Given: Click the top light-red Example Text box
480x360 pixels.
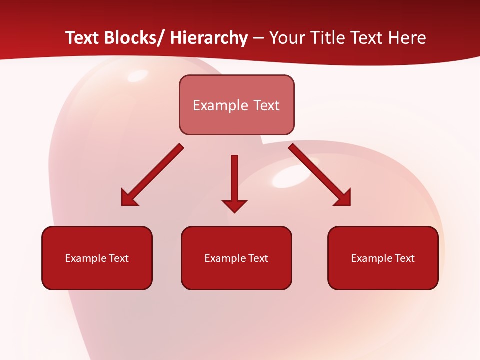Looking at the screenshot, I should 236,105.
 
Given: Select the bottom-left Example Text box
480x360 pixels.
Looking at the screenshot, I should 97,258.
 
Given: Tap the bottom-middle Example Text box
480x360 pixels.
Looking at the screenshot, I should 236,258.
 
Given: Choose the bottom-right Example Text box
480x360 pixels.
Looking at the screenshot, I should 383,258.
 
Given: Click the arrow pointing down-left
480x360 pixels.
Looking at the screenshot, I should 152,175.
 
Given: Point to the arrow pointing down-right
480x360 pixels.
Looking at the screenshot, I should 320,175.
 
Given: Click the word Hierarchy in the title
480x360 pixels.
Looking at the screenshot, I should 209,38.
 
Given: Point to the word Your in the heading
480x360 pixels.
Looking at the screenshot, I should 287,38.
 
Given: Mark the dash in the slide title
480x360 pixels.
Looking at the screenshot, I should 258,38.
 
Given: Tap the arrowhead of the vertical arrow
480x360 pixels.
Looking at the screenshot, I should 234,205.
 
